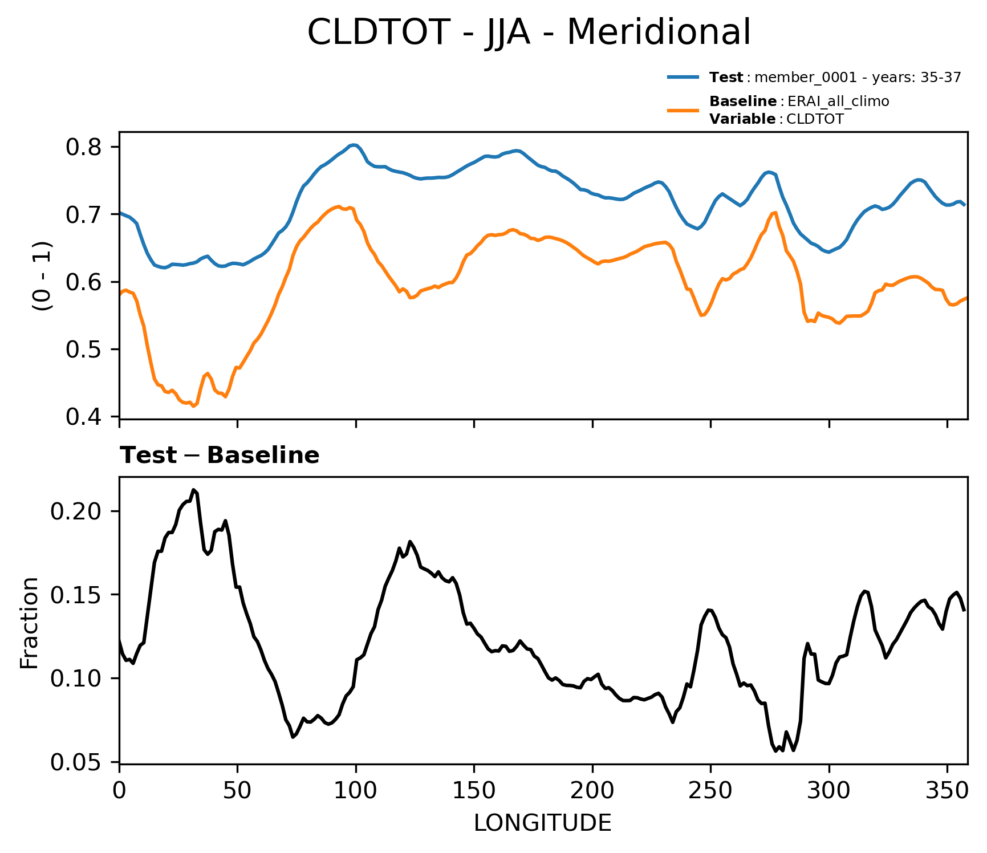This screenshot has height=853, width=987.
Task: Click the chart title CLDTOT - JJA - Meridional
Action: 529,32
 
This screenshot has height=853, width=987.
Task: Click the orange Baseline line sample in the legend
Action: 683,110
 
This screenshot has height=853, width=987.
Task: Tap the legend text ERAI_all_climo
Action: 838,101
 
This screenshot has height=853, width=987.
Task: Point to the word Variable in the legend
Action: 742,119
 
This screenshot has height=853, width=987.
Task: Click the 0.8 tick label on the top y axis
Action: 84,148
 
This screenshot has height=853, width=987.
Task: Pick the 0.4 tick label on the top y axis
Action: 84,417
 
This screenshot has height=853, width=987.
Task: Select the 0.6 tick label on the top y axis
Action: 84,283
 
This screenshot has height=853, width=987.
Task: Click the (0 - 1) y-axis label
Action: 43,276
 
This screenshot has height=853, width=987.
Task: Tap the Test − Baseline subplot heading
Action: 220,456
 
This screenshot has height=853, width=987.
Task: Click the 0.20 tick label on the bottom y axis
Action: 76,511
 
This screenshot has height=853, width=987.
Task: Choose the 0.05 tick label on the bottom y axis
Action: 76,762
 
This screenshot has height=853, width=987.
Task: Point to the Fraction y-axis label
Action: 29,623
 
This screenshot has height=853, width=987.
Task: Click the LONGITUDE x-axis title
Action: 542,823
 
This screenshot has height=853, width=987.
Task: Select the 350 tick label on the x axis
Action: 947,790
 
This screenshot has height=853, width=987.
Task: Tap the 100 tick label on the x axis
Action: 356,790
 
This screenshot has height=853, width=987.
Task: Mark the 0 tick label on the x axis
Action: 119,790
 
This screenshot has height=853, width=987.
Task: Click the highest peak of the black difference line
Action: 194,490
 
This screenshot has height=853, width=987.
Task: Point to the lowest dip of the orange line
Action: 193,407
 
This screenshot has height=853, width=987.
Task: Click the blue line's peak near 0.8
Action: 354,145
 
